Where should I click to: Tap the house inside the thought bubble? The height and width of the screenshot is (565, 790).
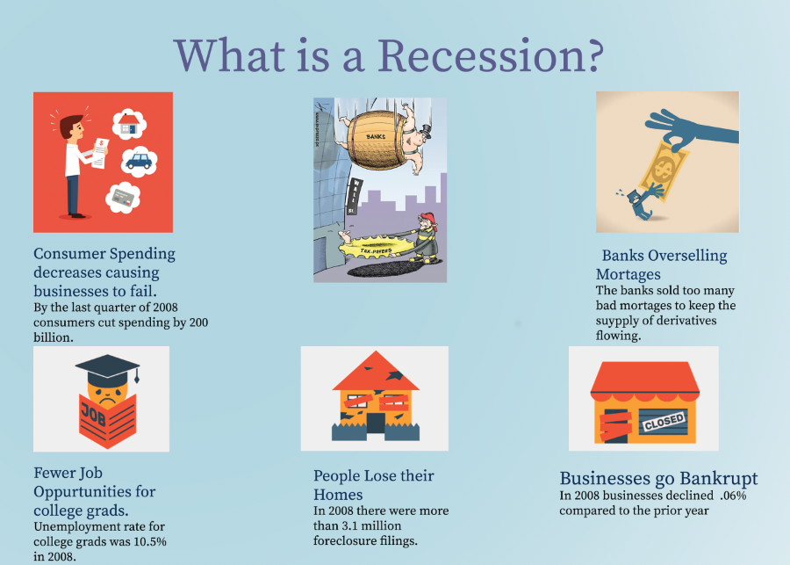click(130, 124)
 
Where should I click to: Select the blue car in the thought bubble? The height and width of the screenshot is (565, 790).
click(139, 161)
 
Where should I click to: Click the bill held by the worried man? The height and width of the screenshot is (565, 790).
click(100, 153)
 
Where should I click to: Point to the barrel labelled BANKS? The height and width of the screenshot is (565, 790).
click(376, 140)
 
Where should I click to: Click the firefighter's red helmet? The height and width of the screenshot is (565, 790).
click(427, 220)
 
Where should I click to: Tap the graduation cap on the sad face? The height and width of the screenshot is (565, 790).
click(107, 368)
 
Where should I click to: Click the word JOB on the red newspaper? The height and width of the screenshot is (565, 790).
click(94, 415)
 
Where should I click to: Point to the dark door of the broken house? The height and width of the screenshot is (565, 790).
click(376, 424)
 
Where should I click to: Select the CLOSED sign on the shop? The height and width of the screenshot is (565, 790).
click(664, 422)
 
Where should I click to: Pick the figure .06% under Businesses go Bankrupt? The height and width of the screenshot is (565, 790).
click(733, 496)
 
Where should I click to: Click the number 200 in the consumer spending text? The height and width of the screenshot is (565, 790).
click(198, 322)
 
